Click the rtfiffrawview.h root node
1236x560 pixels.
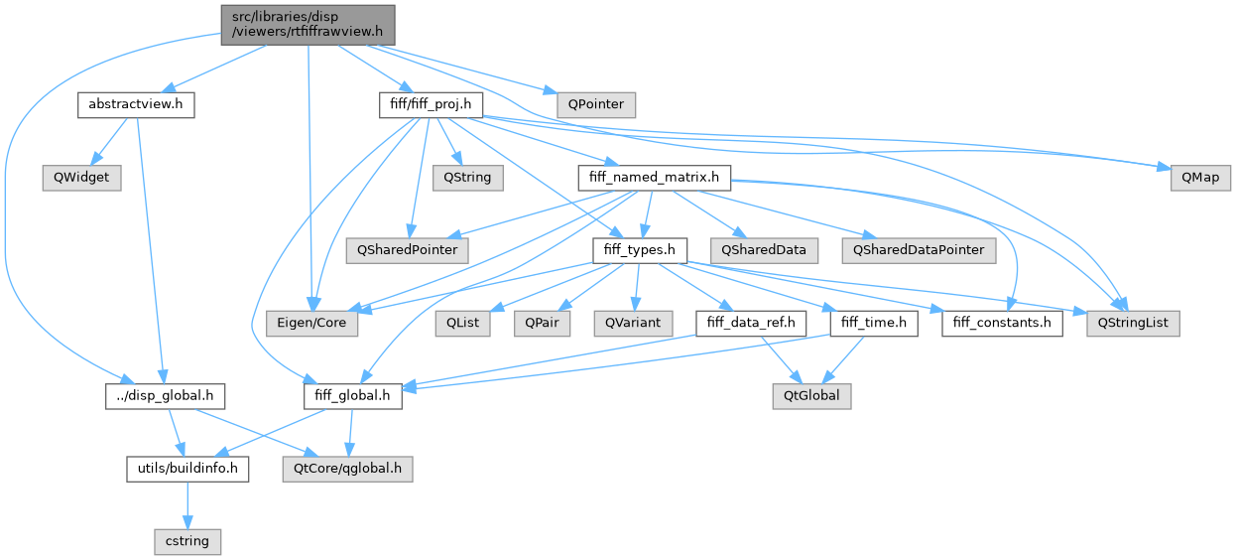pos(308,24)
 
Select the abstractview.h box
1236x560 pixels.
pos(135,104)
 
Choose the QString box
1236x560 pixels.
pos(467,178)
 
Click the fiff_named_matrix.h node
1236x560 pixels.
pos(655,178)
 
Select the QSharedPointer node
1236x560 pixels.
pos(407,250)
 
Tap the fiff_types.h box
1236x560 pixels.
pos(639,250)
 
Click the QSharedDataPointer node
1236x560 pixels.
pos(918,250)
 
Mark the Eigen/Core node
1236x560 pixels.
pos(312,324)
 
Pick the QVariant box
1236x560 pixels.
pos(632,324)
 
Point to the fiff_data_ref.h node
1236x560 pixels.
pos(751,324)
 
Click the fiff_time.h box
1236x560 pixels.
pos(874,324)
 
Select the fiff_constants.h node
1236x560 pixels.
pos(1002,324)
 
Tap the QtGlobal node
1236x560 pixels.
pos(811,396)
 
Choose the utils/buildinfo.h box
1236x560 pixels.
pos(187,469)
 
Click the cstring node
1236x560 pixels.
pos(187,542)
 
